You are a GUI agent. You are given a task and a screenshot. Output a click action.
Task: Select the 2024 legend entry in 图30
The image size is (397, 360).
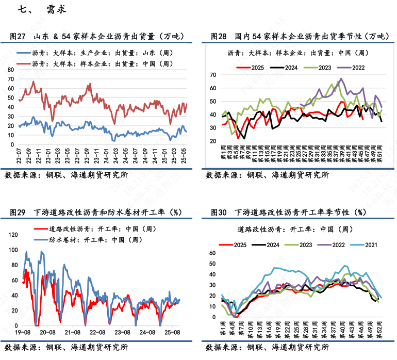(x=273, y=244)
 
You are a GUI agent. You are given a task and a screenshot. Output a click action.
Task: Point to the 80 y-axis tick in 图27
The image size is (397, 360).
(x=10, y=69)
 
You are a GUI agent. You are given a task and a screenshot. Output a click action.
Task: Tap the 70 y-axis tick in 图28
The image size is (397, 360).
(x=211, y=75)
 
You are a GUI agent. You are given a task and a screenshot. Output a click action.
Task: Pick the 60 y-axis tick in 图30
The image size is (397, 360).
(x=211, y=253)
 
